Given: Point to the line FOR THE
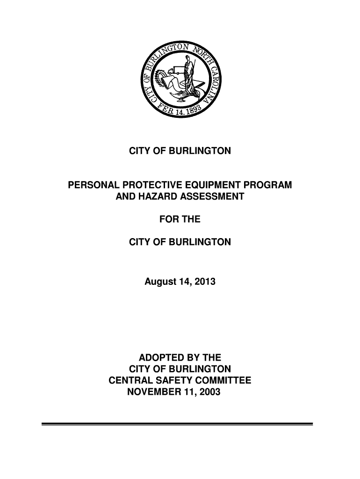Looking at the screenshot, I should tap(180, 219).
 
